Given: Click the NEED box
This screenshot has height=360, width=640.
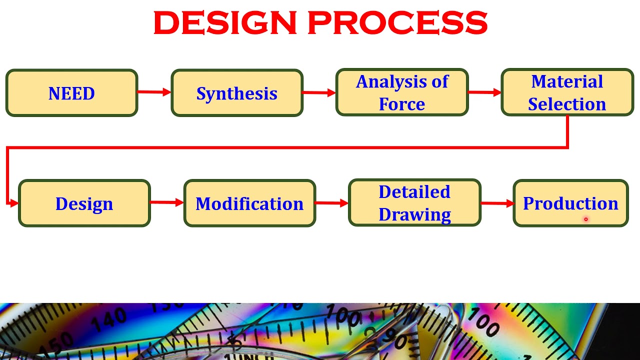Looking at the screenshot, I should point(71,93).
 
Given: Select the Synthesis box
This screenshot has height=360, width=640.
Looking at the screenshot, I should point(237,93).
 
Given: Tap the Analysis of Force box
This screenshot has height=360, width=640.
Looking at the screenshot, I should point(402,92).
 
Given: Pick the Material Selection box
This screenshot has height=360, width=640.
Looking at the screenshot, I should point(567,92).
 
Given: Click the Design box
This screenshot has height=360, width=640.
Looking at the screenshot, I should point(84,203).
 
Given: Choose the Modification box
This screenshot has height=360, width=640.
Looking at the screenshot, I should point(249,203).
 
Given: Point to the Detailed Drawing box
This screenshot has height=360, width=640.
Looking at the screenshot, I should point(414,202).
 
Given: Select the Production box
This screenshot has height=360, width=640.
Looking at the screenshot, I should point(570,203).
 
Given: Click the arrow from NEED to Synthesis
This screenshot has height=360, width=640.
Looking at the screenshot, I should point(154,92).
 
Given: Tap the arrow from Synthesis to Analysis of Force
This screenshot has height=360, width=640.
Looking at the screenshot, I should point(319,92).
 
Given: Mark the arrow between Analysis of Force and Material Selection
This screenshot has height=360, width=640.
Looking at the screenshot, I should point(484,92).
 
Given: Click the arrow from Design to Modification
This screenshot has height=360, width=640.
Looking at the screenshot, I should point(167,202).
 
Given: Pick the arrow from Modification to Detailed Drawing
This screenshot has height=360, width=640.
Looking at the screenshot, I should point(332,203).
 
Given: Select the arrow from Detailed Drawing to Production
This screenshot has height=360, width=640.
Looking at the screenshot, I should point(497,203).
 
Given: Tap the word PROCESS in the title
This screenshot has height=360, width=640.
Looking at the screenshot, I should point(397,23).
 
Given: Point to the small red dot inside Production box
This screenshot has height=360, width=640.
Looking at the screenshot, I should point(585,219).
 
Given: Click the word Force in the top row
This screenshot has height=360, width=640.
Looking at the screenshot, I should point(402,104).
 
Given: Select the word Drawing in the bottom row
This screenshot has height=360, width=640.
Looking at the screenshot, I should point(414,214).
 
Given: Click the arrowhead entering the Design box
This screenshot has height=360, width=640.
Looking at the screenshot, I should point(14,203).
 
